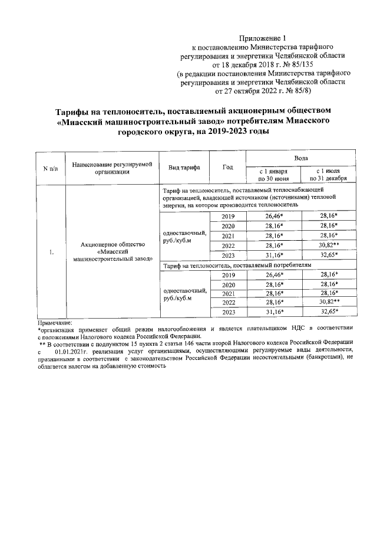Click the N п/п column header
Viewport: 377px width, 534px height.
[x=51, y=168]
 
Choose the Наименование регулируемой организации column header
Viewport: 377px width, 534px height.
[x=112, y=168]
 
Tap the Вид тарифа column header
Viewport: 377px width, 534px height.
[x=184, y=168]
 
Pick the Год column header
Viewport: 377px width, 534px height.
[x=228, y=168]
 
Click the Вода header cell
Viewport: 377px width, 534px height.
[x=301, y=159]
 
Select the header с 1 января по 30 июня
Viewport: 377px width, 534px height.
[x=273, y=174]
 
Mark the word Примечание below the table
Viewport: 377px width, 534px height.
[x=54, y=323]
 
